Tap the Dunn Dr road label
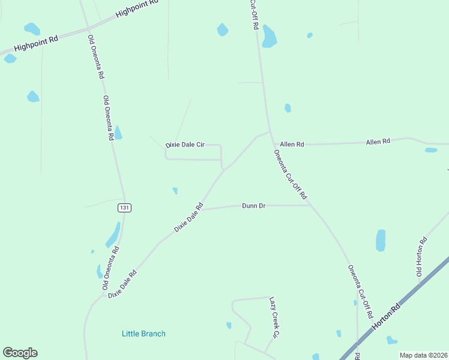pos(253,206)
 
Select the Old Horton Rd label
pos(423,259)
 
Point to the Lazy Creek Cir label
pos(275,317)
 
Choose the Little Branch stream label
pos(143,334)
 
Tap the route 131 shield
pos(124,208)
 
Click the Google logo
pos(20,353)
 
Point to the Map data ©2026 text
pos(424,355)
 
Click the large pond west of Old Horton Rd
pos(381,240)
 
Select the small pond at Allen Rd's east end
pos(431,150)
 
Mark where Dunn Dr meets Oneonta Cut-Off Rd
pos(310,205)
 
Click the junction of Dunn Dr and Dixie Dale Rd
pos(200,209)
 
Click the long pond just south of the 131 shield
pos(113,235)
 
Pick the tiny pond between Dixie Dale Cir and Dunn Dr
pos(175,191)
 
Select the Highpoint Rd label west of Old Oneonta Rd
pos(36,43)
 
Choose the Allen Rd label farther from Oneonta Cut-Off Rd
pos(378,142)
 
